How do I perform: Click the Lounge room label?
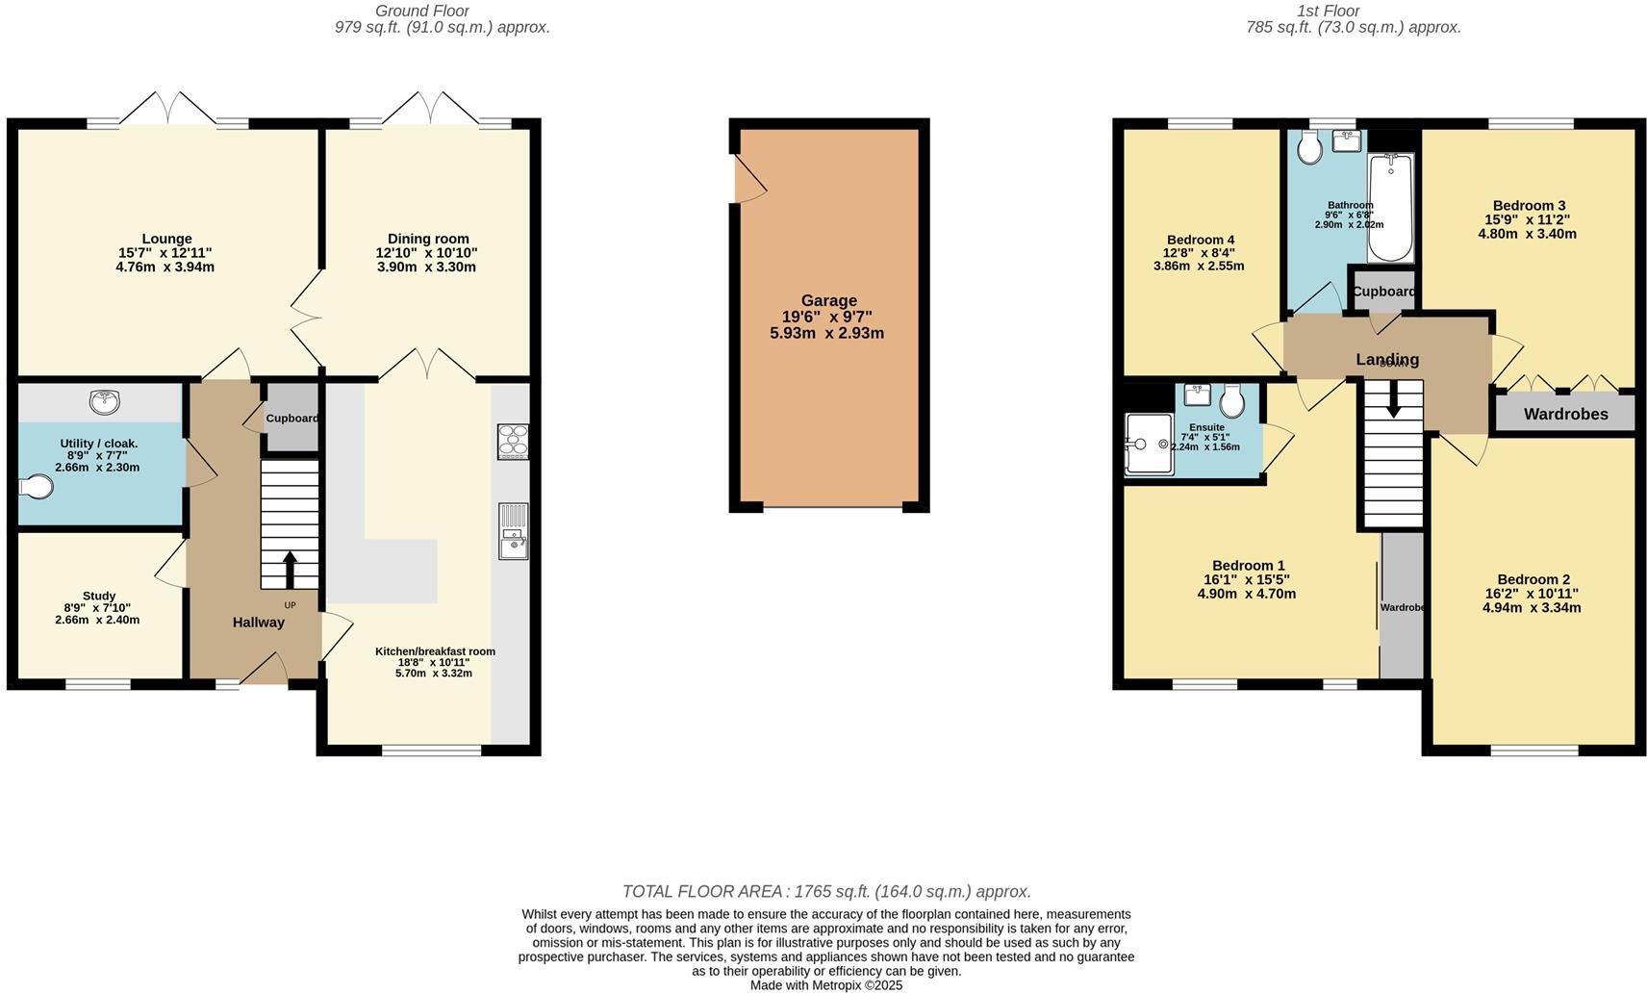(x=166, y=239)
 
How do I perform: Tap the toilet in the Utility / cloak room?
(x=36, y=487)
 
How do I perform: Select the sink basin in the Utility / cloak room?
(x=103, y=400)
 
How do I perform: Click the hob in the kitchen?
(x=513, y=442)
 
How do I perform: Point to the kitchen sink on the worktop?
(x=512, y=531)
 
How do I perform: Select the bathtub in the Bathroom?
(x=1390, y=208)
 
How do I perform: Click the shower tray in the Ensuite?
(x=1149, y=445)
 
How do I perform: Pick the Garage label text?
(x=828, y=300)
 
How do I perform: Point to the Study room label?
(x=98, y=596)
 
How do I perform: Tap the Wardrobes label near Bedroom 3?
(x=1565, y=415)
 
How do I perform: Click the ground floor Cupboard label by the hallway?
(x=291, y=419)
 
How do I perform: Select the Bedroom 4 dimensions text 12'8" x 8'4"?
(x=1199, y=253)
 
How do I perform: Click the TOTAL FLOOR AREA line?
(x=826, y=891)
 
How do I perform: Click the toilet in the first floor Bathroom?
(x=1308, y=147)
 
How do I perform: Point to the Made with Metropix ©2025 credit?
(x=825, y=984)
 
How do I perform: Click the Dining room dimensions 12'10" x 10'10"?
(x=426, y=253)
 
